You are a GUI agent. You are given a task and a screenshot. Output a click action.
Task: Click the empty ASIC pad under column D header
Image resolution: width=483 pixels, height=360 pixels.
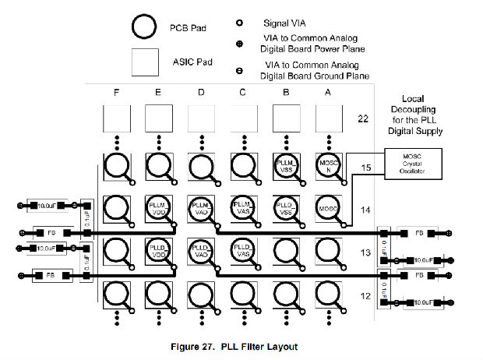point(201,119)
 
